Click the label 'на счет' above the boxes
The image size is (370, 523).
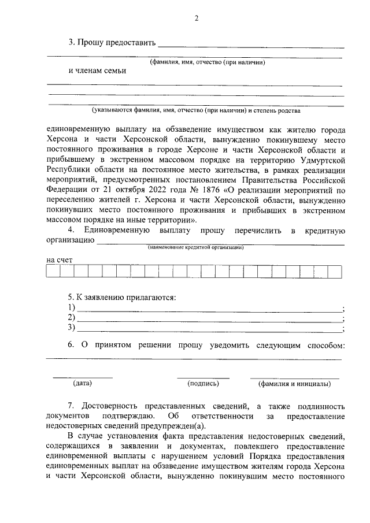pyautogui.click(x=60, y=260)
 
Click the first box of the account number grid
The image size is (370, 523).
pyautogui.click(x=53, y=272)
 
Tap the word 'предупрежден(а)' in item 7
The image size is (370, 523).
pyautogui.click(x=158, y=425)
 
